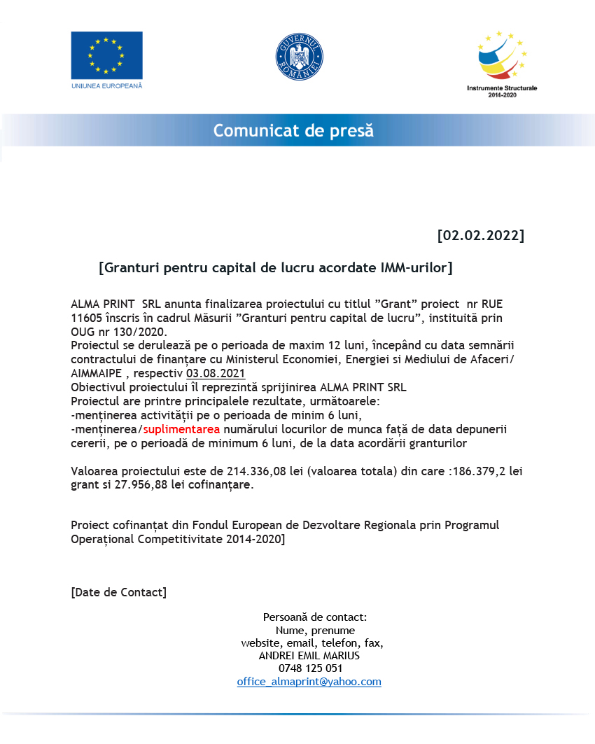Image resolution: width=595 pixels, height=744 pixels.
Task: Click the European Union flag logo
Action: pyautogui.click(x=106, y=55)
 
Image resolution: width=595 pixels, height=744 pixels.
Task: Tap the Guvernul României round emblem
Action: pyautogui.click(x=299, y=57)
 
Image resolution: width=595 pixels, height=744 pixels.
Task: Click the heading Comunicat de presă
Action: pyautogui.click(x=293, y=131)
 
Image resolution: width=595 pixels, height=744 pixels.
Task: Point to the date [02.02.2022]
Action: pyautogui.click(x=480, y=234)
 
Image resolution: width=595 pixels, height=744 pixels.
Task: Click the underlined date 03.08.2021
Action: pyautogui.click(x=216, y=372)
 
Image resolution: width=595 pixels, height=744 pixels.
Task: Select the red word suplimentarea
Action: pyautogui.click(x=182, y=429)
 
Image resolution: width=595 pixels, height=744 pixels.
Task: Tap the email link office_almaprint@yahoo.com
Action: pyautogui.click(x=309, y=682)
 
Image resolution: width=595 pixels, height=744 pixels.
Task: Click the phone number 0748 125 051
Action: pyautogui.click(x=310, y=668)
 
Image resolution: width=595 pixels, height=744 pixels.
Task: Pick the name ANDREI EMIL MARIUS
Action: pyautogui.click(x=309, y=656)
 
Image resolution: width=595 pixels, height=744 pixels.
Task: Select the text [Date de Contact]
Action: pyautogui.click(x=119, y=592)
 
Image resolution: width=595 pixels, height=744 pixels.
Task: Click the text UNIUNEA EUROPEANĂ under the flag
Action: pyautogui.click(x=106, y=85)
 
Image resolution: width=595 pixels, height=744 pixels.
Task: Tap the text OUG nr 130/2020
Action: pyautogui.click(x=119, y=331)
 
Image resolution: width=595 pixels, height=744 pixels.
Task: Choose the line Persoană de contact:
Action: pyautogui.click(x=315, y=617)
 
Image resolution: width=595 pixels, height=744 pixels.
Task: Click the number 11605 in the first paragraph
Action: pyautogui.click(x=87, y=318)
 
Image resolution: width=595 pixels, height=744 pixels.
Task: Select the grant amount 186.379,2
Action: pyautogui.click(x=479, y=471)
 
